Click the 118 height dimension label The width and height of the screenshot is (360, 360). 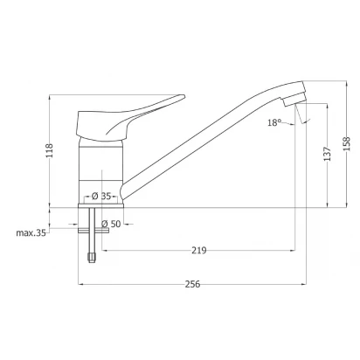point(50,150)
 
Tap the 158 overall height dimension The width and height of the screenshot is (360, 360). point(347,143)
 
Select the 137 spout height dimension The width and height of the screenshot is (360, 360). point(328,154)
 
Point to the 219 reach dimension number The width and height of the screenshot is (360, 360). point(199,250)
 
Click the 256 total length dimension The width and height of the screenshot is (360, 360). point(192,284)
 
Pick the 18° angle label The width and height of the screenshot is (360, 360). point(274,122)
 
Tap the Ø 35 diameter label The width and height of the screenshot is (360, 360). point(101,196)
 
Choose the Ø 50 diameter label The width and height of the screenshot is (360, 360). point(111,224)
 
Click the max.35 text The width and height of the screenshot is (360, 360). point(31,233)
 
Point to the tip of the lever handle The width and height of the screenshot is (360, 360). point(184,96)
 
